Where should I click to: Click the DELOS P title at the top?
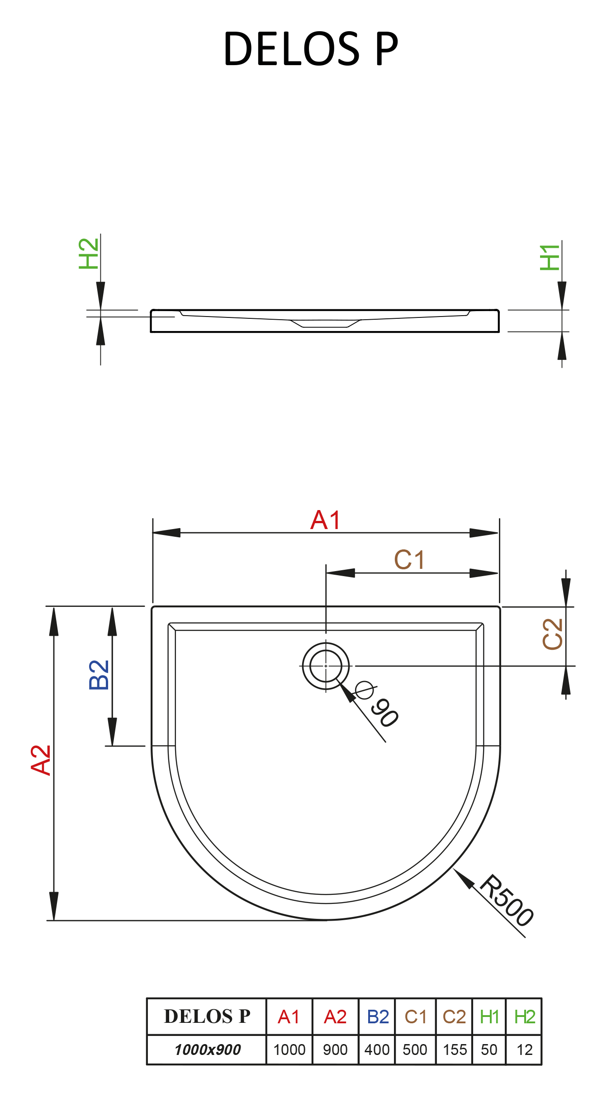tap(311, 49)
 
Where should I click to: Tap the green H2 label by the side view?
tap(89, 254)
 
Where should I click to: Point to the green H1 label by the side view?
tap(550, 258)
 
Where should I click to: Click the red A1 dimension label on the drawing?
tap(325, 520)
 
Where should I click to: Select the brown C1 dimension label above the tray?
tap(409, 560)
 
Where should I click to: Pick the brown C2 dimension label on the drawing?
tap(553, 634)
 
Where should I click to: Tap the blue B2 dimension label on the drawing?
tap(99, 675)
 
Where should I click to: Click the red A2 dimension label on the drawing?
tap(41, 761)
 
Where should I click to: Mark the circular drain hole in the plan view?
tap(326, 666)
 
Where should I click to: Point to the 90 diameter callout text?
tap(384, 713)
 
